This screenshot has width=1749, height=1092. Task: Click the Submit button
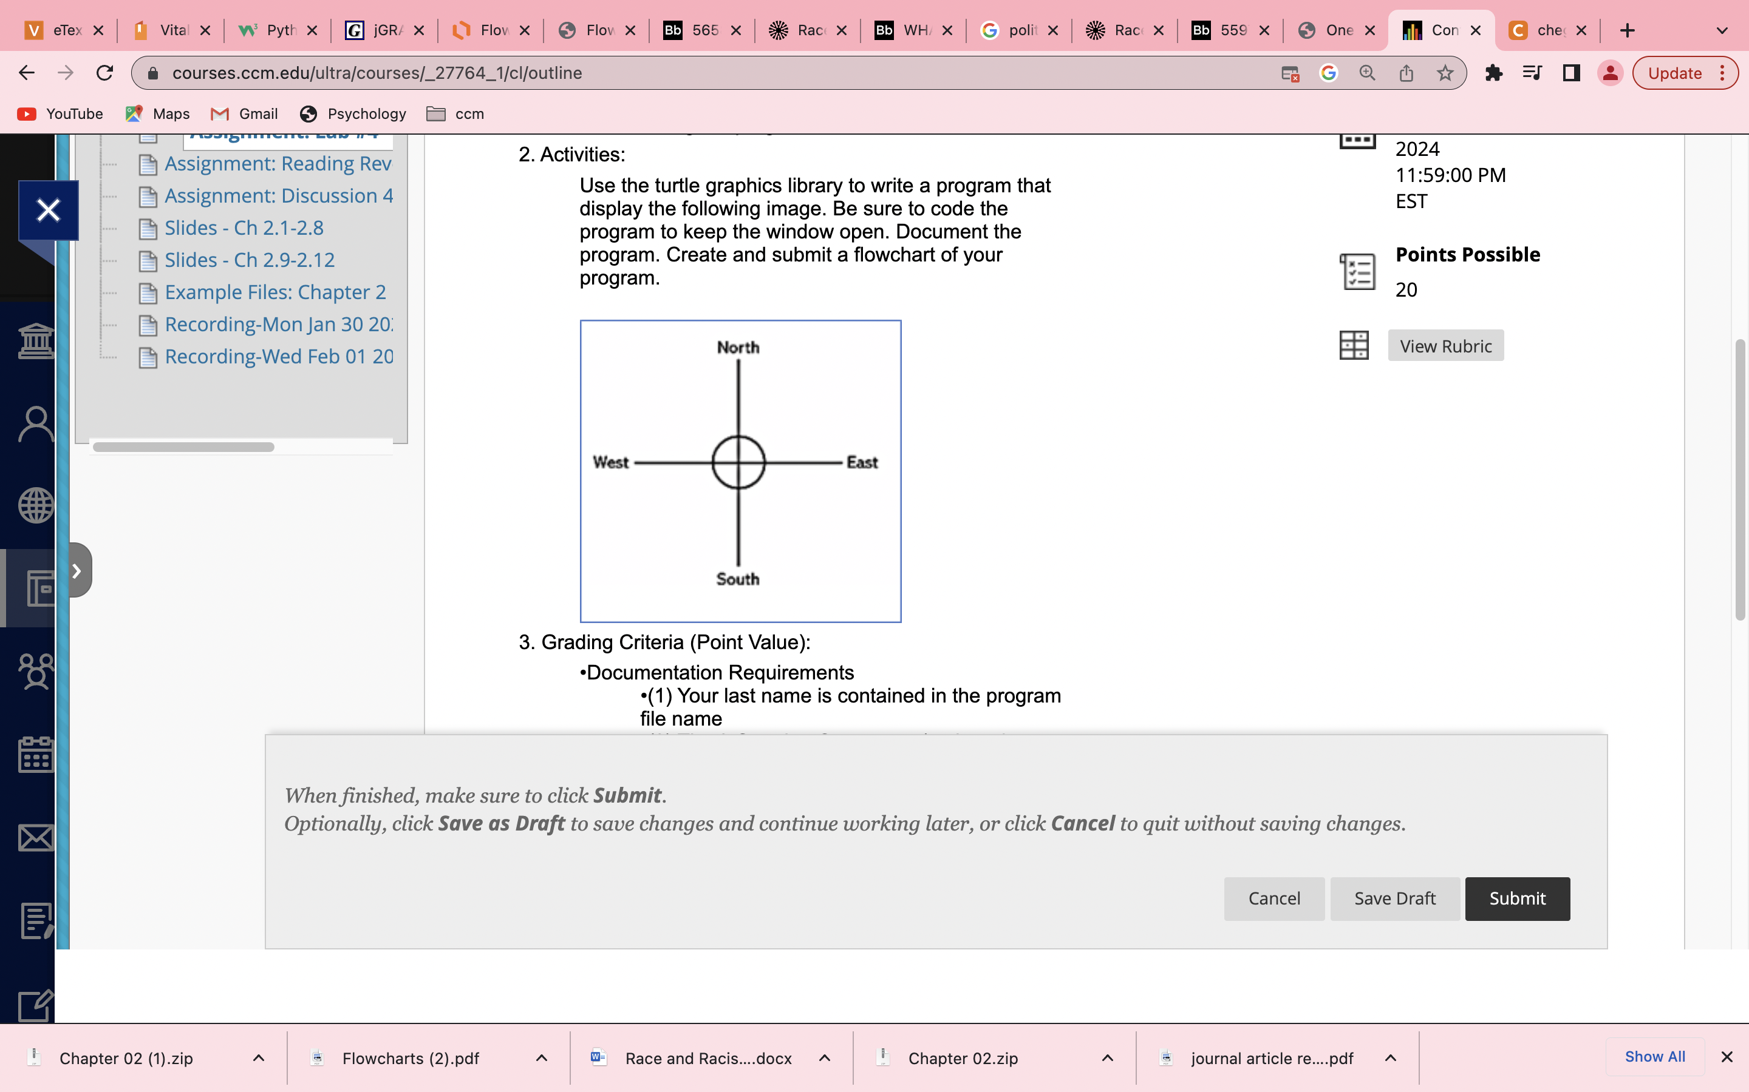click(x=1516, y=898)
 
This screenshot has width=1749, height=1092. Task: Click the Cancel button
click(x=1273, y=898)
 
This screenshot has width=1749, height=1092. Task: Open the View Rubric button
click(x=1445, y=346)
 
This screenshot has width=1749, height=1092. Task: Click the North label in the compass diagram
click(x=738, y=348)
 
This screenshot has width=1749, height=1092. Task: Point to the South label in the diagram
click(x=737, y=579)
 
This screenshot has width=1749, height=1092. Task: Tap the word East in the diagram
click(x=862, y=462)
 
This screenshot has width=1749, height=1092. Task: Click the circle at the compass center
click(x=738, y=462)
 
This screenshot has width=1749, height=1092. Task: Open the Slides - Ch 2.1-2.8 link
click(x=244, y=227)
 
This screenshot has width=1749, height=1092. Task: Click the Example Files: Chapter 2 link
click(x=274, y=292)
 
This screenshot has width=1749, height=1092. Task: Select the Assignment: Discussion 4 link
click(x=278, y=196)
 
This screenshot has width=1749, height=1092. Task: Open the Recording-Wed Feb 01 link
click(x=278, y=356)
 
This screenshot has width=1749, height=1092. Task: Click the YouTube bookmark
click(x=61, y=114)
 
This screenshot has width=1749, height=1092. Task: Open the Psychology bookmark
click(x=353, y=114)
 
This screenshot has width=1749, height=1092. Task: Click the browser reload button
click(x=105, y=73)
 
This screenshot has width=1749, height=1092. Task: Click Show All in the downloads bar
click(x=1654, y=1057)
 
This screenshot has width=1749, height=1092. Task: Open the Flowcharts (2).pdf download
click(x=410, y=1058)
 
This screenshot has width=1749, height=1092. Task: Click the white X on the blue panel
click(x=49, y=210)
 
